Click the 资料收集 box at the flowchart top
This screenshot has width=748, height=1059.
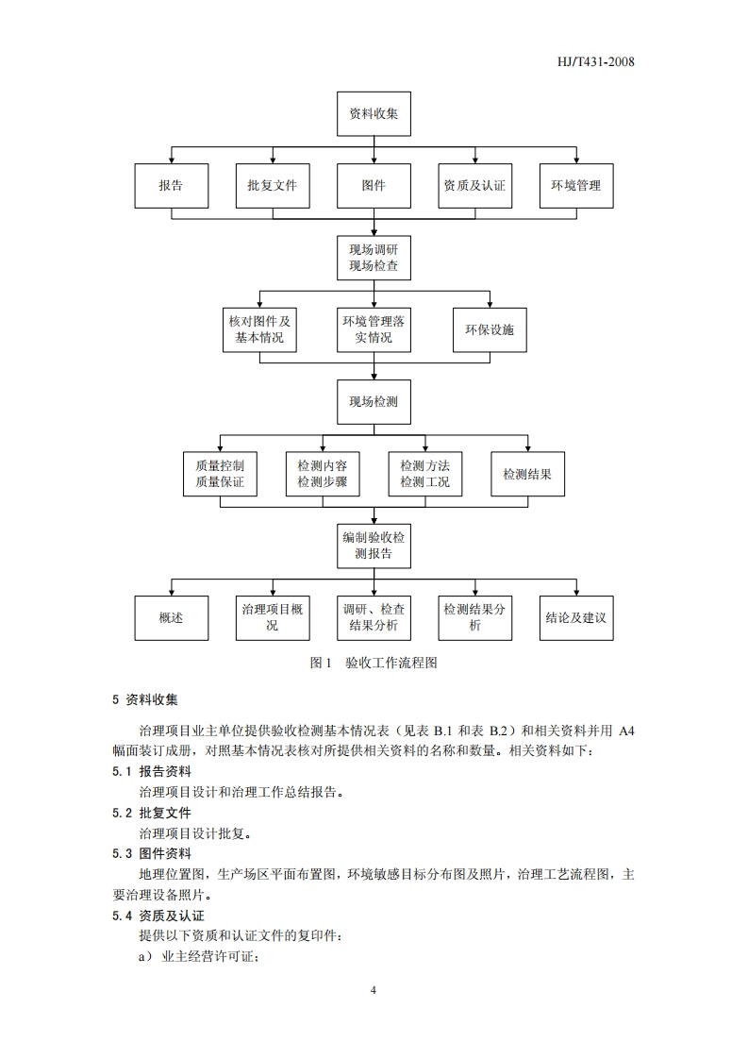(374, 114)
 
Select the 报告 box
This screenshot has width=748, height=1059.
(171, 186)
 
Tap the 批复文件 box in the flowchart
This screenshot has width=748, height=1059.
(272, 186)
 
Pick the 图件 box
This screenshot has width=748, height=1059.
(374, 186)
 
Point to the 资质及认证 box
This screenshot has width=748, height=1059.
(474, 186)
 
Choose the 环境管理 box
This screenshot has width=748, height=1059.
(576, 186)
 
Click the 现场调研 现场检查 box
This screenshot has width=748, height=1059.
(374, 258)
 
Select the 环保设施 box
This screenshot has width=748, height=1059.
(490, 329)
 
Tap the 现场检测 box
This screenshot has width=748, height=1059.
(374, 401)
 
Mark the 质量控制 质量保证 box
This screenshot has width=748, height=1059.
(220, 474)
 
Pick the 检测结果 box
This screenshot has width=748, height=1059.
(527, 474)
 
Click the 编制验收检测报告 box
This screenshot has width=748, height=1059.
(374, 546)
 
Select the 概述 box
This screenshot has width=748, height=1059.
(171, 618)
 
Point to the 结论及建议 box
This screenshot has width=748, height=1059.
(576, 618)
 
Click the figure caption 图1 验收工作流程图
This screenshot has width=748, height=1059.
(374, 663)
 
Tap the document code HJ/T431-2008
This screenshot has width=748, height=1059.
(597, 62)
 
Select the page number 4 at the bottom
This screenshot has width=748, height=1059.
(374, 990)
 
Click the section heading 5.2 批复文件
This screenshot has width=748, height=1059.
(151, 813)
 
